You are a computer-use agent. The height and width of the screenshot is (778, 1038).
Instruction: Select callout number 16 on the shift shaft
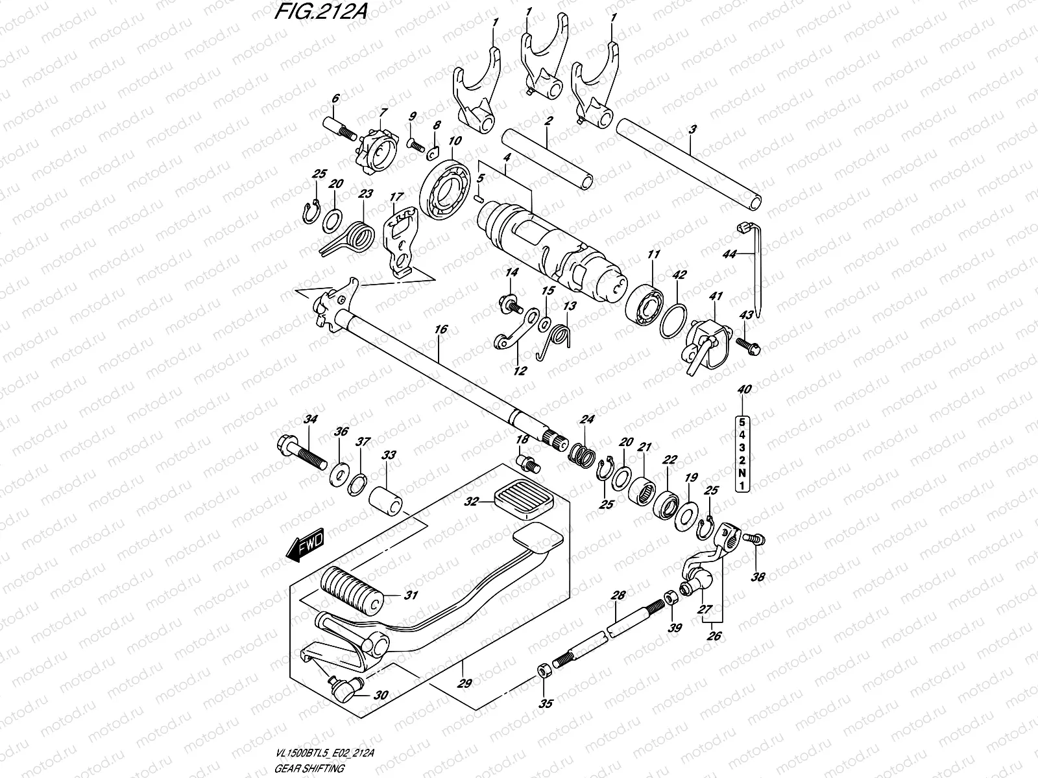pos(441,329)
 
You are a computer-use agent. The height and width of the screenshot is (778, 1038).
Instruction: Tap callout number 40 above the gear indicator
pos(744,389)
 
